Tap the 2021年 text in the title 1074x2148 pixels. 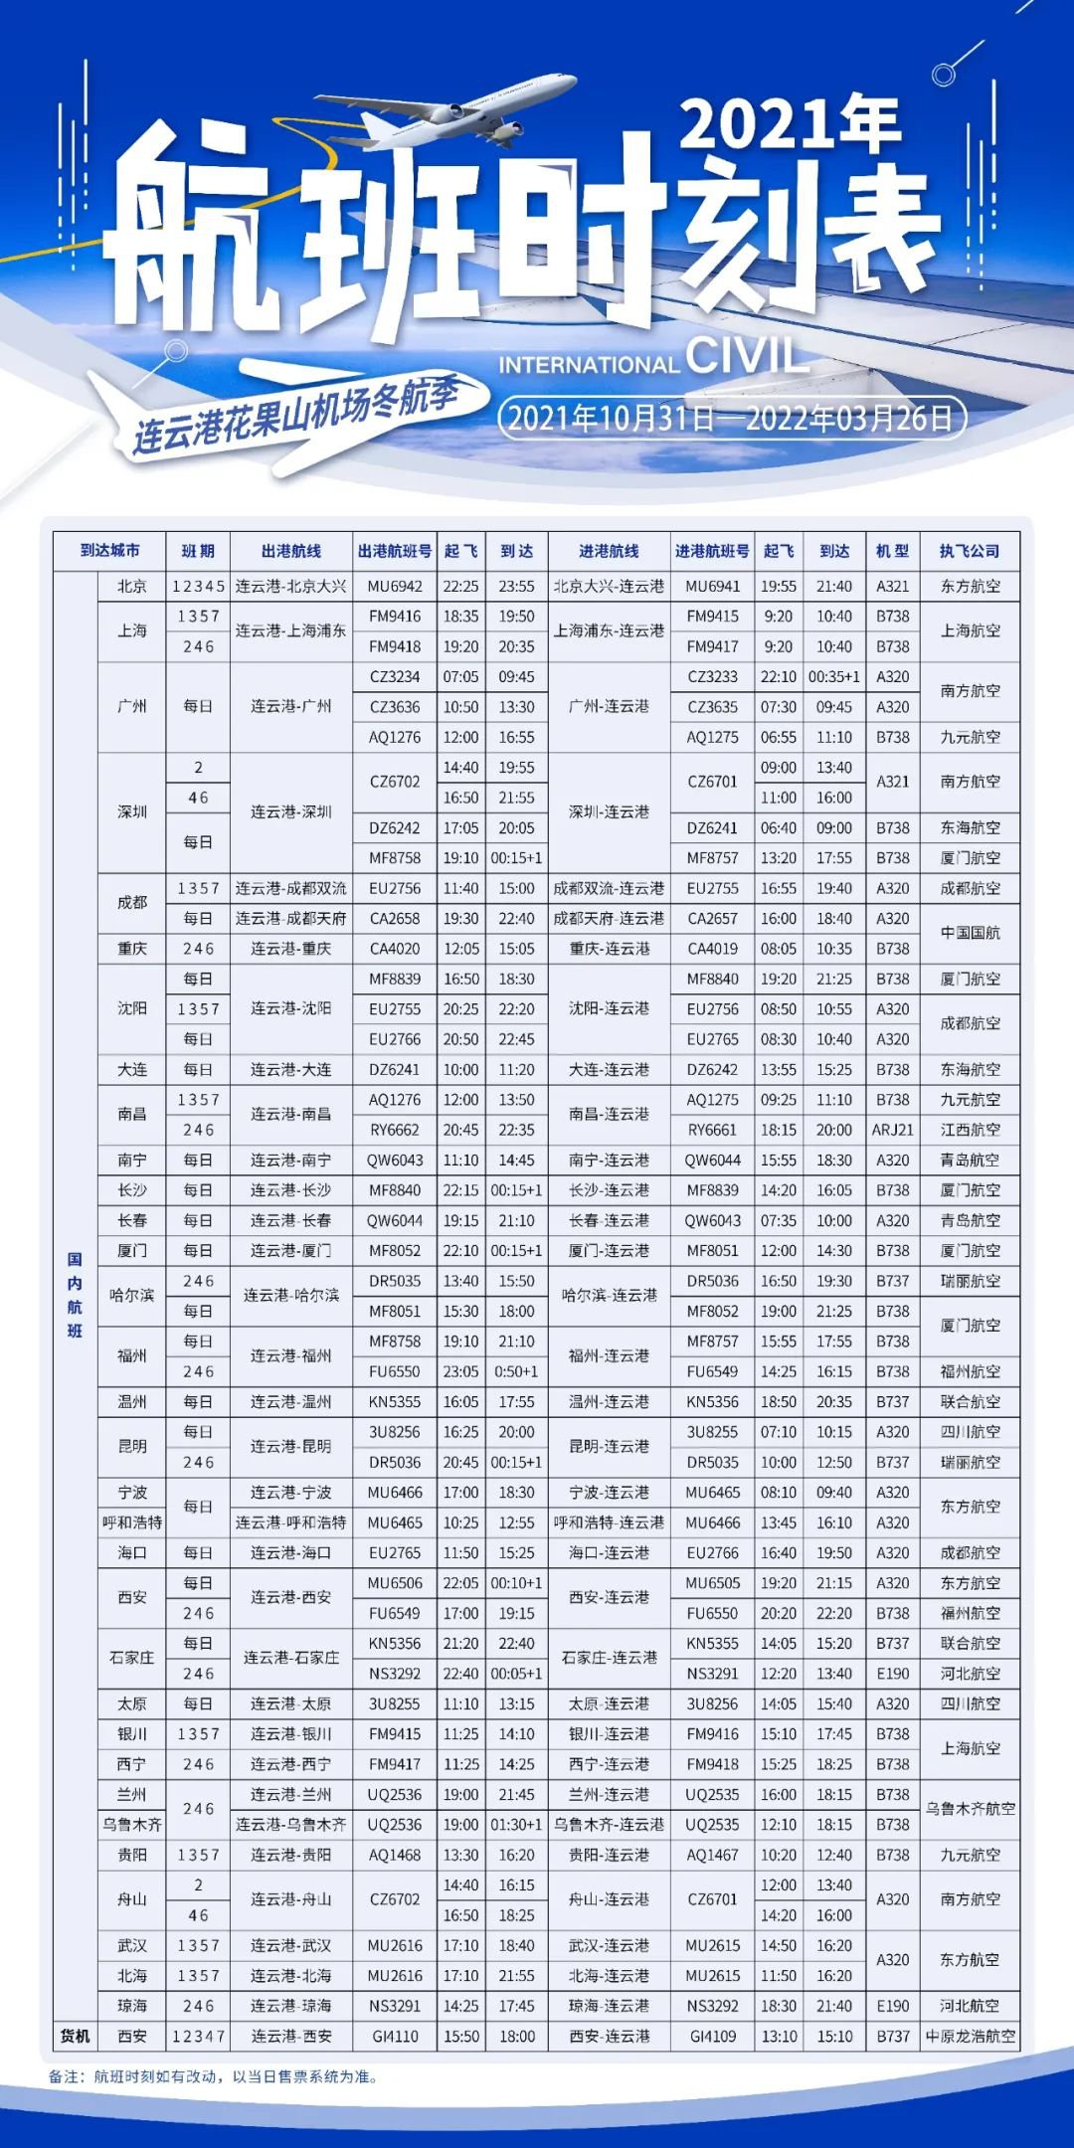[x=791, y=124]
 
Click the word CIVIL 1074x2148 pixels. [x=747, y=356]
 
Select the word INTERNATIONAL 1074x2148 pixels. [x=589, y=365]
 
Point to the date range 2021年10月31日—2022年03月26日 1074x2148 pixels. [x=731, y=417]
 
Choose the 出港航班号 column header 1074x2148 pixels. [x=395, y=551]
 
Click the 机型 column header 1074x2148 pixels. [x=892, y=551]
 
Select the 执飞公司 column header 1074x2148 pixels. [x=970, y=551]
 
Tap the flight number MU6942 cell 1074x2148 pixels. [x=395, y=587]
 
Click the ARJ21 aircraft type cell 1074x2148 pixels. [x=892, y=1130]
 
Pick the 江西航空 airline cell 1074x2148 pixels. [x=970, y=1130]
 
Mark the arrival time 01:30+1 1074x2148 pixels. [x=516, y=1825]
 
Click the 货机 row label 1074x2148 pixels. [x=76, y=2037]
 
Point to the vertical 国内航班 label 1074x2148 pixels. [x=76, y=1295]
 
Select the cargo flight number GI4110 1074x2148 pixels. [x=395, y=2037]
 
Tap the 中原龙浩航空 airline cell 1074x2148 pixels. [x=970, y=2037]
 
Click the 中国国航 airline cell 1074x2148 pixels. [x=970, y=933]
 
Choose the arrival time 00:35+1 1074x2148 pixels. [x=834, y=677]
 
